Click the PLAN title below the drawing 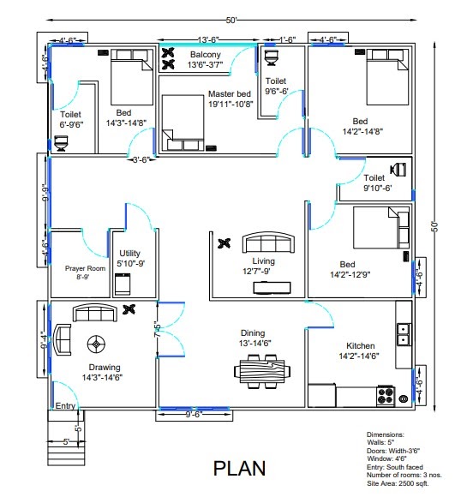(x=239, y=469)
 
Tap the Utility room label (x=129, y=258)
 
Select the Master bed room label (x=229, y=99)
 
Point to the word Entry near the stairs (x=65, y=406)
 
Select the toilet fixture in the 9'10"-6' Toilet (x=397, y=168)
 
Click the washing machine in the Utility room (x=123, y=283)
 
